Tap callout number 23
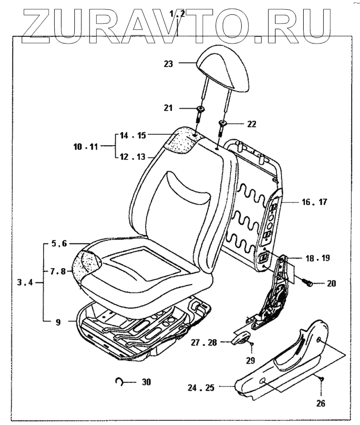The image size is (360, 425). (168, 64)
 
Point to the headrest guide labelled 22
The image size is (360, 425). (223, 123)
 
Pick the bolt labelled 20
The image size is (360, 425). (309, 283)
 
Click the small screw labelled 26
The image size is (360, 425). (321, 378)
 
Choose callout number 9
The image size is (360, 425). (58, 322)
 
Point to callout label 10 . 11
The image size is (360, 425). (85, 146)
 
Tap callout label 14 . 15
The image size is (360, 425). (133, 136)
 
